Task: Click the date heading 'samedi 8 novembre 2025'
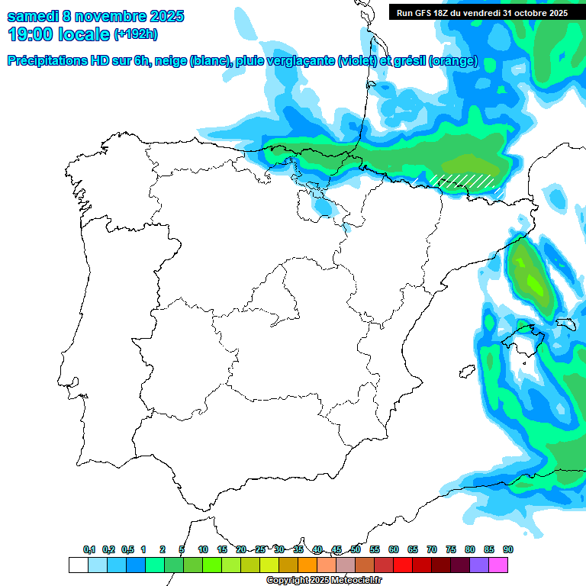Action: [x=95, y=16]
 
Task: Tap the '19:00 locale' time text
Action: [x=59, y=34]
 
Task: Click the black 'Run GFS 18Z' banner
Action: [x=482, y=12]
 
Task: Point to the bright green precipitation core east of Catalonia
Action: [x=532, y=280]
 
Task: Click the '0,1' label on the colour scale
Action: [x=89, y=549]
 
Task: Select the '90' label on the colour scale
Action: [x=507, y=549]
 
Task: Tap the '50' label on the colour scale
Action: [x=356, y=549]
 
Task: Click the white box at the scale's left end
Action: [x=78, y=565]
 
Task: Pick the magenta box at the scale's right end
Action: [x=497, y=565]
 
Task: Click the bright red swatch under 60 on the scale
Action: [x=402, y=565]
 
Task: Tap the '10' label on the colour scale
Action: [x=203, y=549]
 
